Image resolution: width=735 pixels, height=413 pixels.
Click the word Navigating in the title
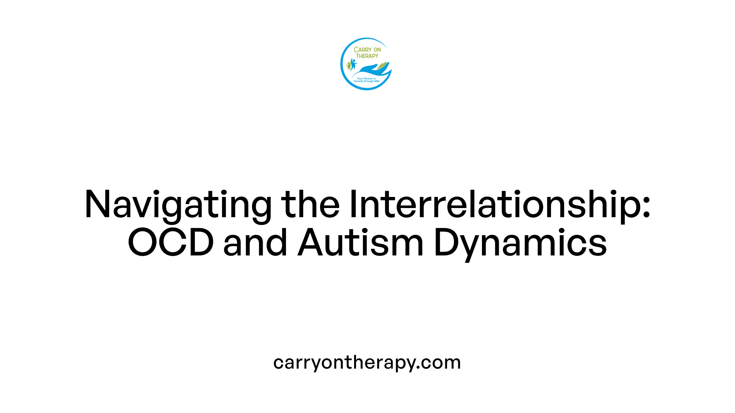[x=178, y=205]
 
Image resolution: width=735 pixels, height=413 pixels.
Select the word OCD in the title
[x=170, y=242]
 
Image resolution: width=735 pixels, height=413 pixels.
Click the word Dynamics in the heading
[x=520, y=242]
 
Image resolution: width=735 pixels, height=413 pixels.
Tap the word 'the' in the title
[x=310, y=205]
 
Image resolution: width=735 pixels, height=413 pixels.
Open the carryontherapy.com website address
[x=367, y=362]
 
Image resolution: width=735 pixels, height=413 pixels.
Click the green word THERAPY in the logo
[x=367, y=56]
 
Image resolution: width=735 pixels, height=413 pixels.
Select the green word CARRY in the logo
[x=362, y=50]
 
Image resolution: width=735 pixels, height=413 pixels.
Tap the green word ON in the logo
[x=377, y=50]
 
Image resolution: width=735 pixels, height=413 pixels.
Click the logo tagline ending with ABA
[x=366, y=80]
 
